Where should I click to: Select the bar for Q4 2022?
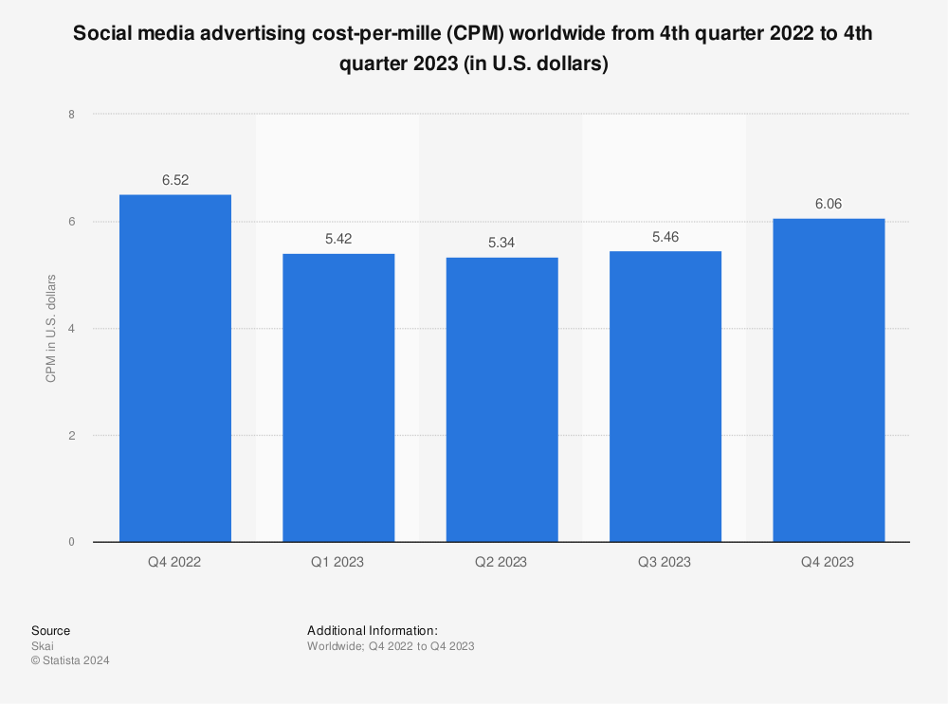pos(175,369)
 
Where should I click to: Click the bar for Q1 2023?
pos(338,398)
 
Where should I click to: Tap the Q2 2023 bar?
pos(502,400)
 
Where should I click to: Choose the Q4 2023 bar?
pos(829,381)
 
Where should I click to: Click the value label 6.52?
pos(175,180)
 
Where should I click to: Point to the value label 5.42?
pos(338,239)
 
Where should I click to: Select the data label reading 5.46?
pos(665,236)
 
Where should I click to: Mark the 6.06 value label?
pos(829,204)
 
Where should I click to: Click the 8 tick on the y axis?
pos(71,115)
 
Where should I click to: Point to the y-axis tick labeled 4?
pos(71,329)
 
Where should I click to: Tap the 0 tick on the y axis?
pos(71,543)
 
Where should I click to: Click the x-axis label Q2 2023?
pos(501,562)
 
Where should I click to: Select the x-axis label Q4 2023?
pos(829,562)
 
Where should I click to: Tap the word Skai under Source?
pos(43,646)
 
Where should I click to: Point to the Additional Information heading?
pos(373,630)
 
